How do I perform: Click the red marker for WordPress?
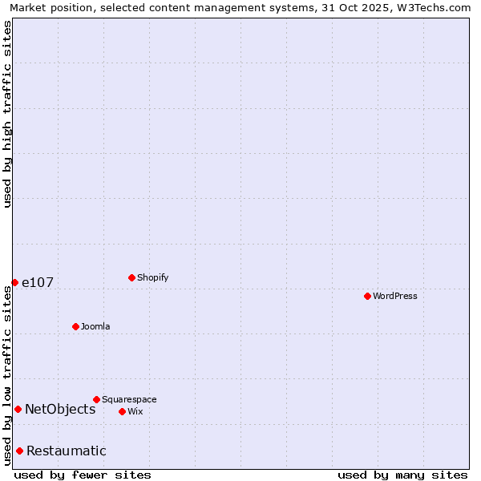(367, 296)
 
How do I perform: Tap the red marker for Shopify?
(131, 277)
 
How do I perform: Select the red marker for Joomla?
(75, 326)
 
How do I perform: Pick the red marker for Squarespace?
(96, 399)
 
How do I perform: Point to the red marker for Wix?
(122, 411)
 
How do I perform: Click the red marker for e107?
(14, 282)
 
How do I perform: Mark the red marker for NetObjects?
(18, 409)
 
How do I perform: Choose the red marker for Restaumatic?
(19, 451)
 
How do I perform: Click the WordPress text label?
(395, 296)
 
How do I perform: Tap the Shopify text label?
(153, 277)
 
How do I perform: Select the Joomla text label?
(95, 326)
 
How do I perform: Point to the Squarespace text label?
(129, 399)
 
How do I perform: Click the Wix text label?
(135, 411)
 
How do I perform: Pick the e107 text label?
(37, 282)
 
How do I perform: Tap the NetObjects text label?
(60, 409)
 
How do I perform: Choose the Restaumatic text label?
(67, 451)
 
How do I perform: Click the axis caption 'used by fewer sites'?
(83, 475)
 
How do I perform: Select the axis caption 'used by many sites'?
(402, 475)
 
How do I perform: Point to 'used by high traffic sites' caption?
(7, 114)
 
